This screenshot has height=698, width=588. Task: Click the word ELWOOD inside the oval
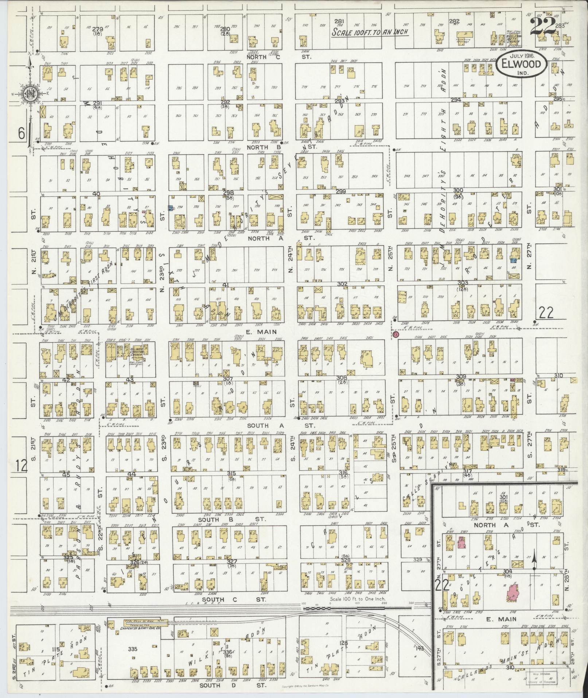521,64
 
